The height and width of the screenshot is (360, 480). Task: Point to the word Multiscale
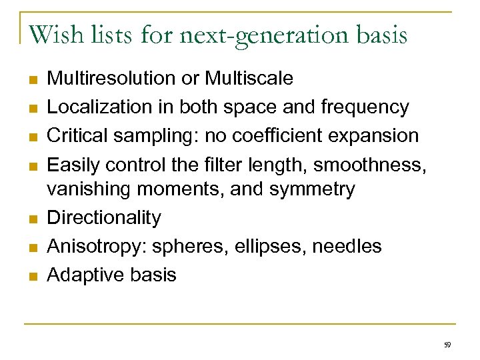pyautogui.click(x=249, y=79)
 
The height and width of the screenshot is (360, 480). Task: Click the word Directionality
pyautogui.click(x=103, y=217)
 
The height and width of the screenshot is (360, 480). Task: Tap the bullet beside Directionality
pyautogui.click(x=31, y=218)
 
